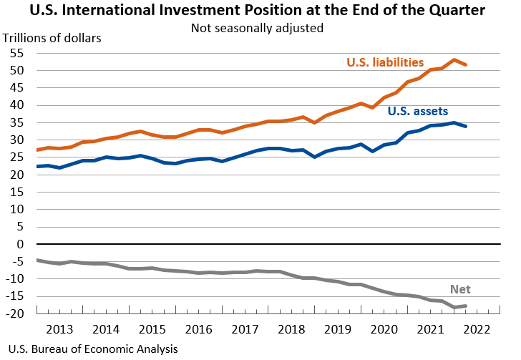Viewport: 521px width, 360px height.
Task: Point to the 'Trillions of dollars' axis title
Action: click(x=53, y=37)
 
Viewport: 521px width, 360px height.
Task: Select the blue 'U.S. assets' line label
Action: click(x=417, y=111)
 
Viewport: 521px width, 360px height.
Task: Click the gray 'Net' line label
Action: click(x=460, y=290)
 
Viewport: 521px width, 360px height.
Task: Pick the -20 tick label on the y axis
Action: click(x=19, y=313)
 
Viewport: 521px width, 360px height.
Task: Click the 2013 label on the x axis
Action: click(x=59, y=329)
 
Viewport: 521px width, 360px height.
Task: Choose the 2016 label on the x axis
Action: click(x=198, y=329)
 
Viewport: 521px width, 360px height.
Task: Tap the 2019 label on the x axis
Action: click(x=336, y=329)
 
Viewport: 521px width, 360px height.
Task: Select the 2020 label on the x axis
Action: click(x=383, y=329)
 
